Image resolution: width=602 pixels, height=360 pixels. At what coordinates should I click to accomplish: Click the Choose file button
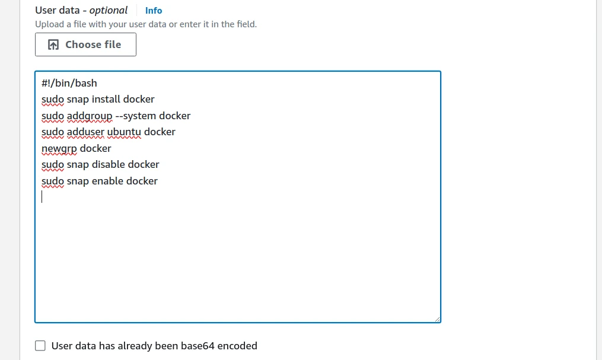85,44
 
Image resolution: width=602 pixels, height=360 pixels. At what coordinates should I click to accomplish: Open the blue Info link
154,11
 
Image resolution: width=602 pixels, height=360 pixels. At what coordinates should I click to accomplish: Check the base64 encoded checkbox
40,346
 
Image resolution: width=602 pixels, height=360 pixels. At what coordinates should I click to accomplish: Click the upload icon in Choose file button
53,45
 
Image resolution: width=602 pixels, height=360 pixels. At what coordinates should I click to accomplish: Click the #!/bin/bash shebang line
69,83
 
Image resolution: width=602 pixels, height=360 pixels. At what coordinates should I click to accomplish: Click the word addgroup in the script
90,116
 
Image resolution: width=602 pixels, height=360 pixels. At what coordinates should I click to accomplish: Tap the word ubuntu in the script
124,132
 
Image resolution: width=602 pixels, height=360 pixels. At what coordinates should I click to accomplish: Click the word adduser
85,132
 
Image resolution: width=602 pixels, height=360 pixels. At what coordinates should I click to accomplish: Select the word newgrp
59,148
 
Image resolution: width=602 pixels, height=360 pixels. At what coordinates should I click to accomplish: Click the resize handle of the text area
437,319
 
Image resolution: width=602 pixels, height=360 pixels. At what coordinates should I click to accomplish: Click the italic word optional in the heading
109,10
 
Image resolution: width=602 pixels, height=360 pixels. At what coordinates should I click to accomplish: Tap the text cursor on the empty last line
42,197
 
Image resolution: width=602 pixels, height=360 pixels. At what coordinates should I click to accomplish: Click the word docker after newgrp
95,148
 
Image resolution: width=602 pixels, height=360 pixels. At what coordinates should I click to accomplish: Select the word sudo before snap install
53,100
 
